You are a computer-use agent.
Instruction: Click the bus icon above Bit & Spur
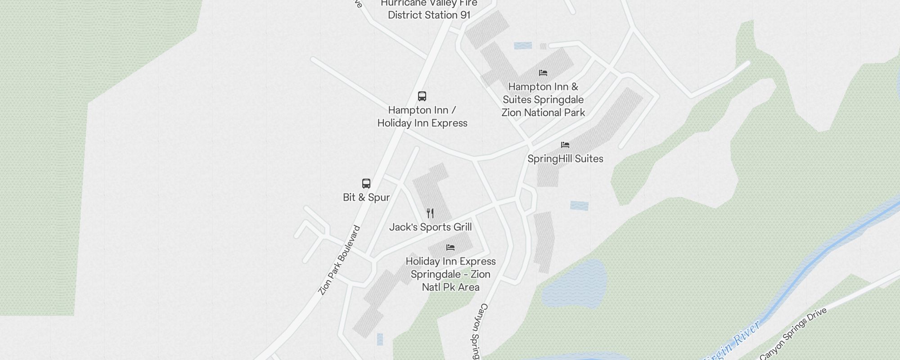point(366,184)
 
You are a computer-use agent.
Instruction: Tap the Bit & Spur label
point(366,198)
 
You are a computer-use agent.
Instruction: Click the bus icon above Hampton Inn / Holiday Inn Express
point(422,96)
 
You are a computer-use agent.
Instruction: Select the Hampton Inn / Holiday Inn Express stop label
point(422,117)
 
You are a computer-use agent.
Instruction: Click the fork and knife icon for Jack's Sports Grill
point(430,213)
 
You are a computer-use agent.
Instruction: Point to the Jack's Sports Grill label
point(430,227)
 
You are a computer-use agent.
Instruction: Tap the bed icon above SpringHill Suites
point(565,145)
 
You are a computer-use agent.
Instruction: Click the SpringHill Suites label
point(565,159)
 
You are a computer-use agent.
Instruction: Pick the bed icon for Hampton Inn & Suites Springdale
point(543,73)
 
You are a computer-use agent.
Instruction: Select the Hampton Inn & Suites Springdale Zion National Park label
point(543,100)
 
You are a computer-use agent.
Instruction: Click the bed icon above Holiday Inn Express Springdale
point(450,247)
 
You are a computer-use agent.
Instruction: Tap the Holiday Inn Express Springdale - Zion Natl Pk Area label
point(450,274)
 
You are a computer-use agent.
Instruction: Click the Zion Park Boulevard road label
point(339,260)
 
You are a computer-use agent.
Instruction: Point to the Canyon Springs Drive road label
point(793,333)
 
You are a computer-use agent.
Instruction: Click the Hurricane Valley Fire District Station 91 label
point(429,9)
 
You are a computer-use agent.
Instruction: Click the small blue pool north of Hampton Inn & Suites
point(523,45)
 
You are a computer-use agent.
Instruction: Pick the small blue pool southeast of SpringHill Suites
point(579,206)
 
